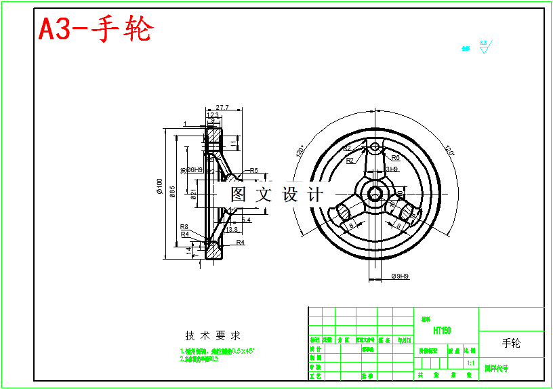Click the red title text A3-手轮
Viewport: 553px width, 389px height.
click(x=96, y=30)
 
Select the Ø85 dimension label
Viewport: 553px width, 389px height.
click(x=173, y=192)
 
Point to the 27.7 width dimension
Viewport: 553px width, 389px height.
click(x=222, y=107)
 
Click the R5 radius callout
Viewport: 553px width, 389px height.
click(x=254, y=170)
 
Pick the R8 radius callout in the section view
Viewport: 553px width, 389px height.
click(x=184, y=227)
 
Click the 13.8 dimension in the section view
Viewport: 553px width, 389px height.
click(x=232, y=230)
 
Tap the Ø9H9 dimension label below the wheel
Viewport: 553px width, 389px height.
click(x=401, y=276)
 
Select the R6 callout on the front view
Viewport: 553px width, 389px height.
click(x=395, y=157)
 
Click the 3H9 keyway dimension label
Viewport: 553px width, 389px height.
click(x=391, y=169)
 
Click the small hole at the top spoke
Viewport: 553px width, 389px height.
click(x=374, y=146)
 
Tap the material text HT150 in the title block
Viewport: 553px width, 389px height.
click(x=442, y=331)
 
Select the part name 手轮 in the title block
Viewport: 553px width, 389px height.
click(x=512, y=343)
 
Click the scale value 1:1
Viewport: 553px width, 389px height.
click(x=470, y=363)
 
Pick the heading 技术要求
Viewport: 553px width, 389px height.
click(x=213, y=335)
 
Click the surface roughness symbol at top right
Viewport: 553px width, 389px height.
click(x=484, y=47)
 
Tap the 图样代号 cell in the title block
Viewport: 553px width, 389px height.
click(x=496, y=369)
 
